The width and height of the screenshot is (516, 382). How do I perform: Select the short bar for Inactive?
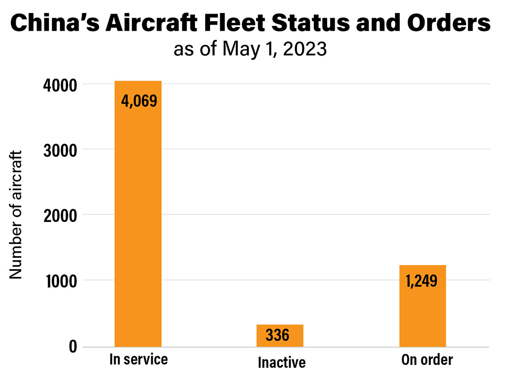[x=280, y=336]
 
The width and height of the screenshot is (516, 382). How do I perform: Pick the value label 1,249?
[x=422, y=280]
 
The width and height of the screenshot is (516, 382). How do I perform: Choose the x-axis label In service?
[x=138, y=360]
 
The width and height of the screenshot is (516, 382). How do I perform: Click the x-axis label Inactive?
[x=282, y=362]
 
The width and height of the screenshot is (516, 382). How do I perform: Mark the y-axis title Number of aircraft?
[x=17, y=214]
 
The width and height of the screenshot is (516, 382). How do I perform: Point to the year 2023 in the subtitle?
[x=308, y=49]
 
